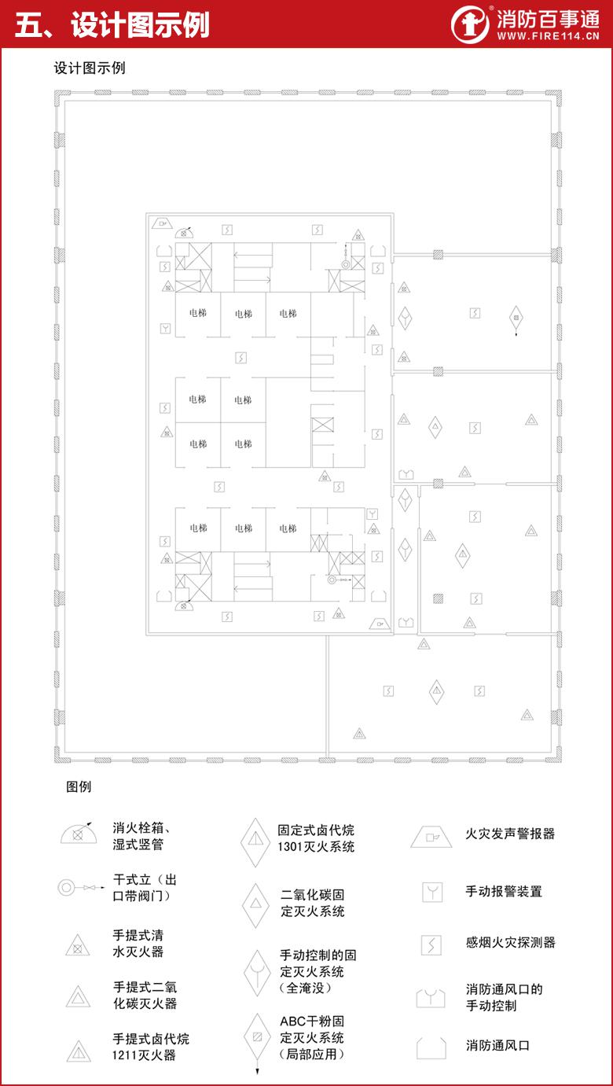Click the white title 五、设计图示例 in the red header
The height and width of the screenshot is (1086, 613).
click(x=112, y=24)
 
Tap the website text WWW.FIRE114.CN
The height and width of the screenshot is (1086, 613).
click(x=548, y=36)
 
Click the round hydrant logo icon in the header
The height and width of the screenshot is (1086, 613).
click(x=470, y=24)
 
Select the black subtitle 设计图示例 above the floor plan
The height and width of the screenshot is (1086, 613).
click(x=89, y=68)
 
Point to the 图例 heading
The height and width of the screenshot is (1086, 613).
click(x=79, y=786)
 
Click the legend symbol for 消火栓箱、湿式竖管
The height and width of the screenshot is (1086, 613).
click(x=78, y=834)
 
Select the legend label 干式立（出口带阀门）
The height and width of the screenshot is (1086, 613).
click(x=145, y=888)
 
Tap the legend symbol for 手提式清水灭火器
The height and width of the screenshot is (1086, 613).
click(x=78, y=945)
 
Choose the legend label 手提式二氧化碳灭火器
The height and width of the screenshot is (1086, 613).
click(x=145, y=996)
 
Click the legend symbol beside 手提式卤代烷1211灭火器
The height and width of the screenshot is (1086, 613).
click(x=79, y=1051)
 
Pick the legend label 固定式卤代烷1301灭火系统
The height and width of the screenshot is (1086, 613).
click(x=316, y=838)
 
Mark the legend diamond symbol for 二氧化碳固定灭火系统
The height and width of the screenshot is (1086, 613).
click(x=256, y=906)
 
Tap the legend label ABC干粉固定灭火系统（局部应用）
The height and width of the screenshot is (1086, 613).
click(x=312, y=1037)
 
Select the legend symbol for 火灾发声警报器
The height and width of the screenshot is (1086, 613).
click(x=431, y=837)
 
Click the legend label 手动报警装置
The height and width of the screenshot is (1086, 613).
click(x=504, y=891)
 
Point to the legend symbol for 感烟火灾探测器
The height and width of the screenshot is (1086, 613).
click(x=431, y=945)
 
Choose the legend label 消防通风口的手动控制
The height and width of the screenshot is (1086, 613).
click(x=504, y=997)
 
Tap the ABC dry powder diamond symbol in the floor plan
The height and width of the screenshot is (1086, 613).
click(x=516, y=320)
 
